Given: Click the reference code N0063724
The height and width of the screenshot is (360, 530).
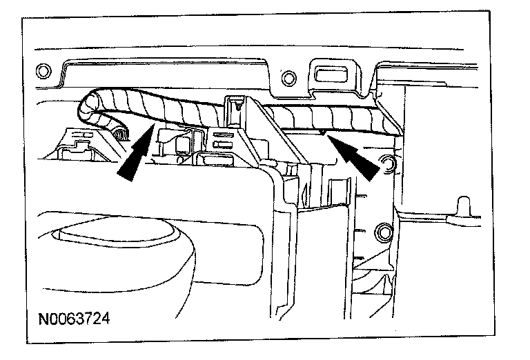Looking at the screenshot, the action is tap(75, 319).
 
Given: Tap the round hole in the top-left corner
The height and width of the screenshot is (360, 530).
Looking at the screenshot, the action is tap(42, 71).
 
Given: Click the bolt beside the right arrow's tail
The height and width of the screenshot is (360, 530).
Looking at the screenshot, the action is tap(388, 164).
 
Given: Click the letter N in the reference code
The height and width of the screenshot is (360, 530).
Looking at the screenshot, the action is tap(42, 319).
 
